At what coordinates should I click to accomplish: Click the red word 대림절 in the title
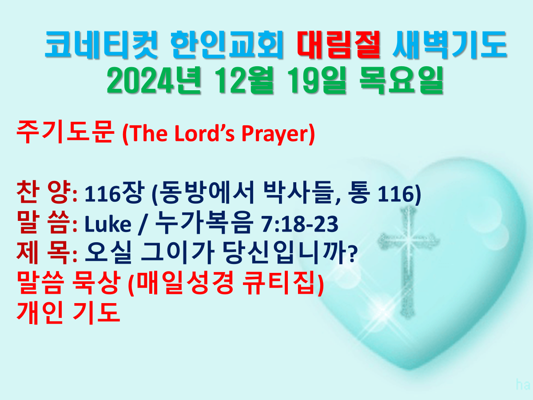pos(338,45)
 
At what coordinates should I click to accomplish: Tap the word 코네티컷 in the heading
pos(102,45)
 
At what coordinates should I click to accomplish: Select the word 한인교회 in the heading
pos(227,45)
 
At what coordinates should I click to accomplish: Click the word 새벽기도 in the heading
pos(449,45)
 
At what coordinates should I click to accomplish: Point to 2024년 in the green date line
pos(154,80)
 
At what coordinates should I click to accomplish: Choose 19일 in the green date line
pos(318,80)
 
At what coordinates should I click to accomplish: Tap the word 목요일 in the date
pos(402,80)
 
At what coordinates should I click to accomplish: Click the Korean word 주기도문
pos(65,132)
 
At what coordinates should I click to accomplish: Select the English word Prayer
pos(275,134)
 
